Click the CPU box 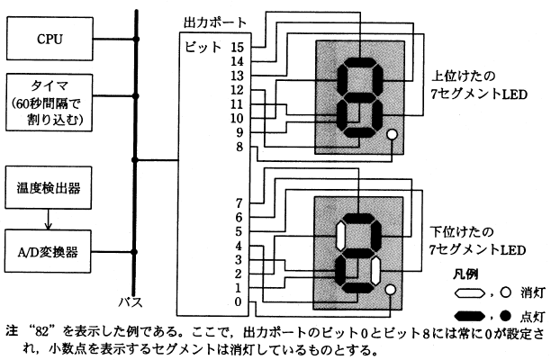(x=50, y=39)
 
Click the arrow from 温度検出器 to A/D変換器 (x=50, y=220)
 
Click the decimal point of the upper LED (x=391, y=137)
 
